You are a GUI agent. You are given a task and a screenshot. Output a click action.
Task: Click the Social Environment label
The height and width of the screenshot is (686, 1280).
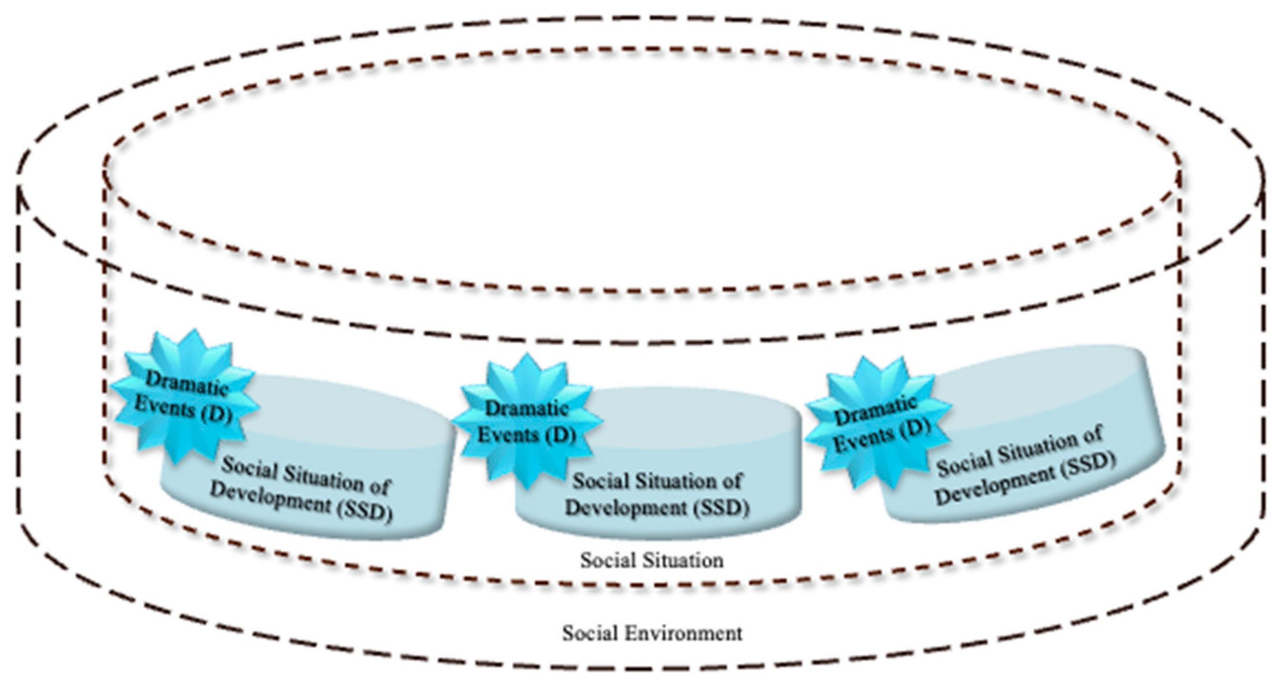pos(652,633)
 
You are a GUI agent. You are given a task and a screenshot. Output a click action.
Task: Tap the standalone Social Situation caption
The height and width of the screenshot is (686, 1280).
pos(652,560)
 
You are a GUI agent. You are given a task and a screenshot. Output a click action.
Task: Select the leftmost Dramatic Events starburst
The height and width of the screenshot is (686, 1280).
pos(184,397)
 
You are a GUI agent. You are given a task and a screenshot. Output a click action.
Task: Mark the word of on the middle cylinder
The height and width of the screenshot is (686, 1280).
pos(730,481)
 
